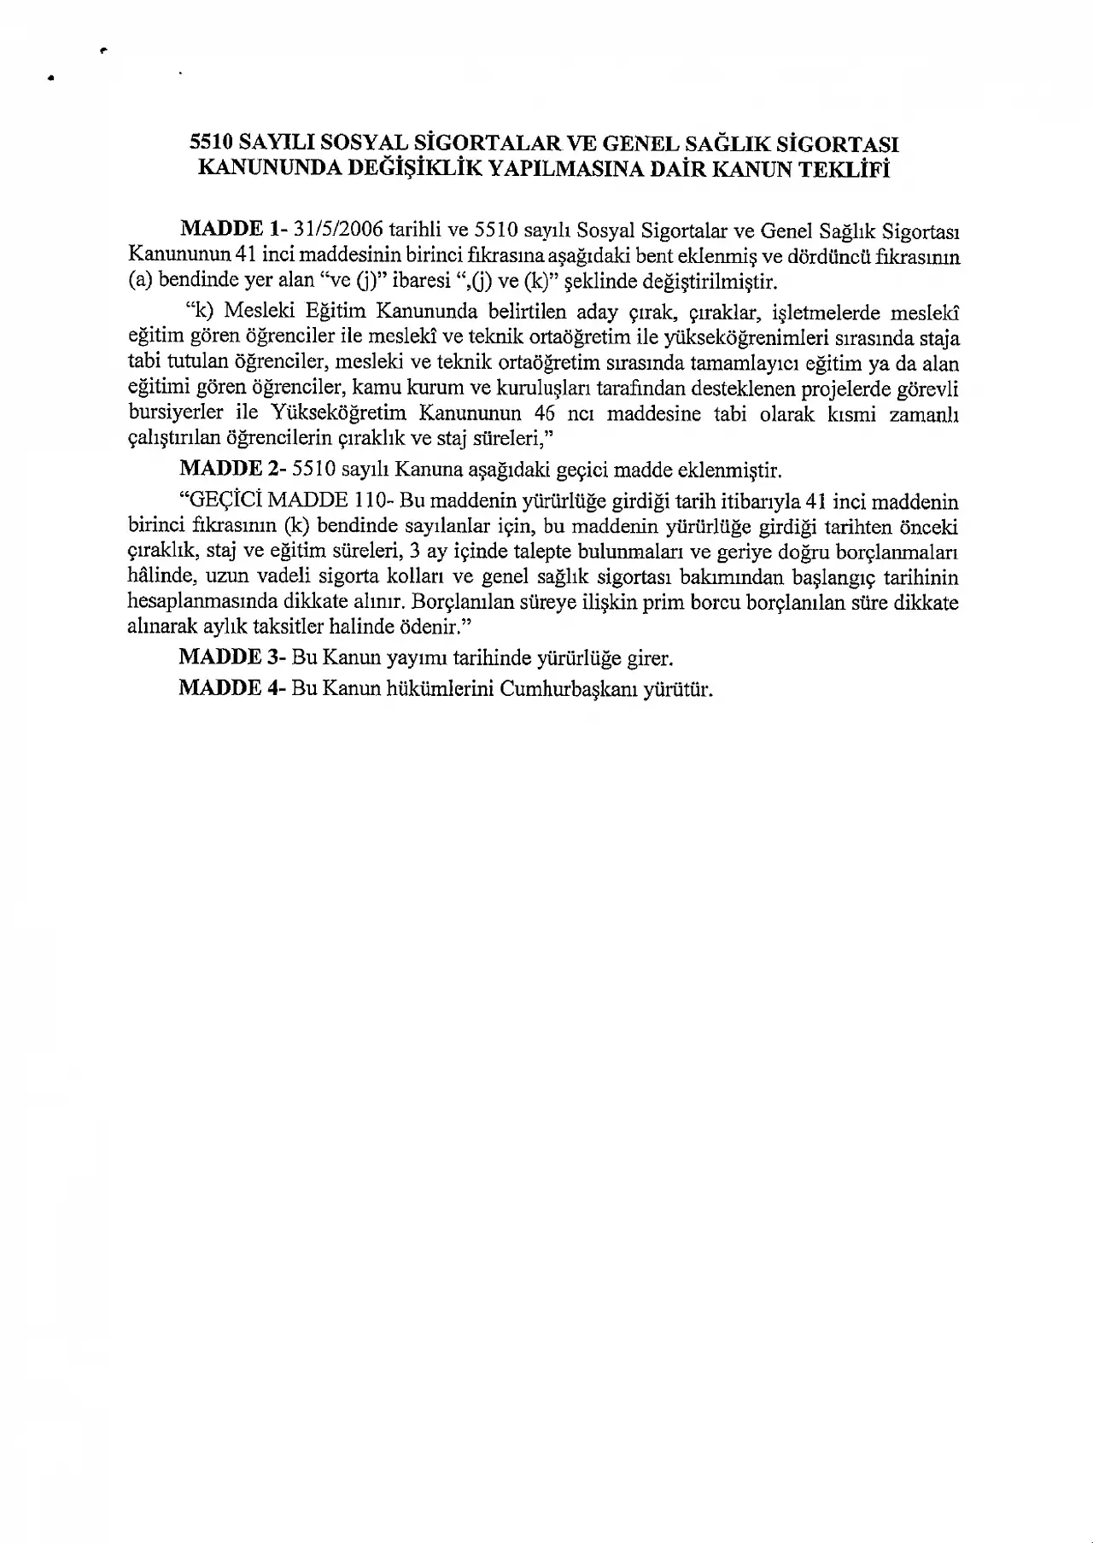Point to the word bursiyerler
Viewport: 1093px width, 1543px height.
(x=175, y=414)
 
